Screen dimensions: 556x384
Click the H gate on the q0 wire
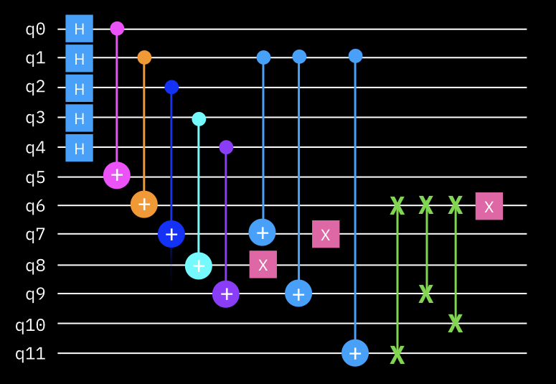[80, 29]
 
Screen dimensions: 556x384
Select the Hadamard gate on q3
[80, 118]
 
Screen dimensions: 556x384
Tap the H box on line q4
[80, 148]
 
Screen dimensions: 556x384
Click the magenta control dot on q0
[117, 29]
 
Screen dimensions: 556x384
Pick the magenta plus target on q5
[117, 175]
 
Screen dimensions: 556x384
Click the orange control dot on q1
[144, 57]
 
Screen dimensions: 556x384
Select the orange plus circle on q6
[144, 204]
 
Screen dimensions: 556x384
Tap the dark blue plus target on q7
[171, 234]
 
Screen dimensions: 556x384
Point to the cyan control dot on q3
[199, 119]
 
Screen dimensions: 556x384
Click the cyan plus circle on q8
[199, 266]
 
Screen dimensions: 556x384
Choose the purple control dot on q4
[226, 147]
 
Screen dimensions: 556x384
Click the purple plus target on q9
[226, 294]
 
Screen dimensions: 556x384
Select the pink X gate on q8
[263, 264]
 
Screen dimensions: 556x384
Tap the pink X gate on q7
[326, 234]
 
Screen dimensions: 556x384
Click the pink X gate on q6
[489, 206]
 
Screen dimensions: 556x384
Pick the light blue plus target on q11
[355, 352]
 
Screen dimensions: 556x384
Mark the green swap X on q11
[397, 355]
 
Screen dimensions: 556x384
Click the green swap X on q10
[456, 323]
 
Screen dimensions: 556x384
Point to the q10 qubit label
[31, 324]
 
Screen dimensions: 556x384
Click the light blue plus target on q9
[298, 294]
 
